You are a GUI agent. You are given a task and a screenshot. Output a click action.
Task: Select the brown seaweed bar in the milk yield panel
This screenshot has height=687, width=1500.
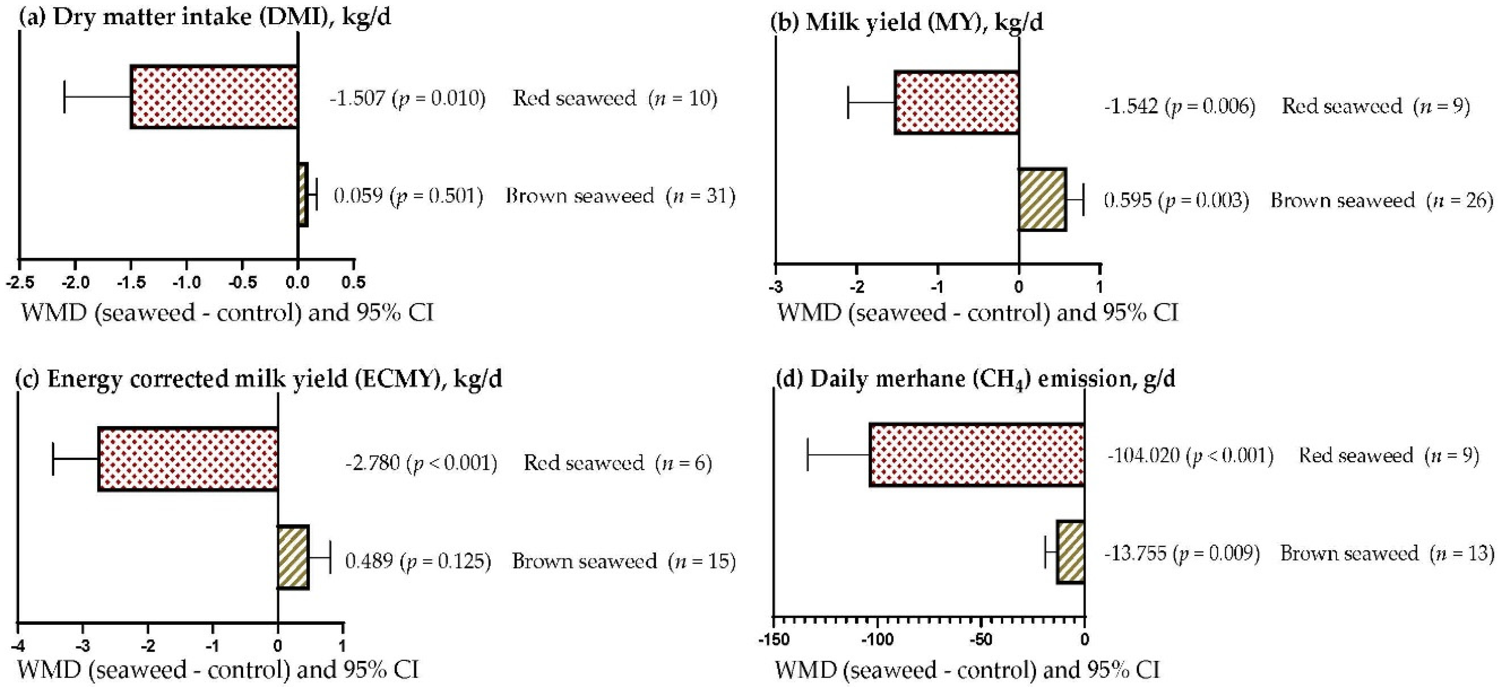tap(1042, 200)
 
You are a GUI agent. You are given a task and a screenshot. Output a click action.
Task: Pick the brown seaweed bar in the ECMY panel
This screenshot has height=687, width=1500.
tap(293, 557)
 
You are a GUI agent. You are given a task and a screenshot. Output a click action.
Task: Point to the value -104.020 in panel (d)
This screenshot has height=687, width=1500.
tap(1143, 455)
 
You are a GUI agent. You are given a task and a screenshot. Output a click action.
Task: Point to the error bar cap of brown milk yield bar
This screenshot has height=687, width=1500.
tap(1083, 200)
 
